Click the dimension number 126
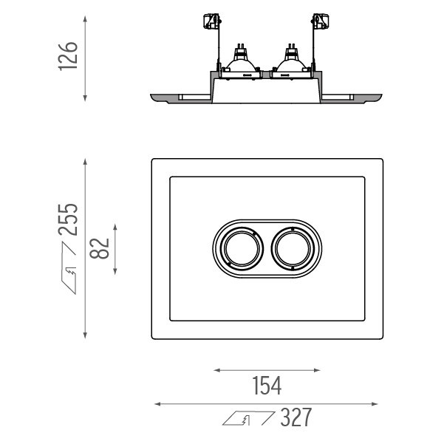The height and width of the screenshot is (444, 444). click(68, 56)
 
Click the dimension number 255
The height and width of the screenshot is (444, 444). click(68, 219)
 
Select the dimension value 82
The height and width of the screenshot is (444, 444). click(100, 248)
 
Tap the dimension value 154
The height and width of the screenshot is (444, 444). click(267, 386)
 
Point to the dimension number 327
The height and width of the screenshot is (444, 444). click(296, 417)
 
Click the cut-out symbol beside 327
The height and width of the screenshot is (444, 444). click(248, 418)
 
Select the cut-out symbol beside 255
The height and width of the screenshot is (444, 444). click(69, 268)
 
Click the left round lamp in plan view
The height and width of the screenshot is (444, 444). click(242, 248)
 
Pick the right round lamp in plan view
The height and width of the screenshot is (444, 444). click(293, 248)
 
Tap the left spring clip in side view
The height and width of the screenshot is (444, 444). click(212, 21)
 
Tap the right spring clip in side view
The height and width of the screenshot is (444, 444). click(321, 21)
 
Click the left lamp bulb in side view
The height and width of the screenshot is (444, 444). click(240, 61)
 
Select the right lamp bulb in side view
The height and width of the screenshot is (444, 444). click(290, 61)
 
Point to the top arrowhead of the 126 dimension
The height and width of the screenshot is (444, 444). click(85, 19)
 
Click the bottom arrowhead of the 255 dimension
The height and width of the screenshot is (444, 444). click(85, 335)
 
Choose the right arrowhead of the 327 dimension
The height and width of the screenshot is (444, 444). click(375, 404)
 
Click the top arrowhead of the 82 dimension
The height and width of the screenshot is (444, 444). click(115, 227)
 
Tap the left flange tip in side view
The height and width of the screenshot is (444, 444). click(151, 95)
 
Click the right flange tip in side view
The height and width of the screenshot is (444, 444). click(381, 95)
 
